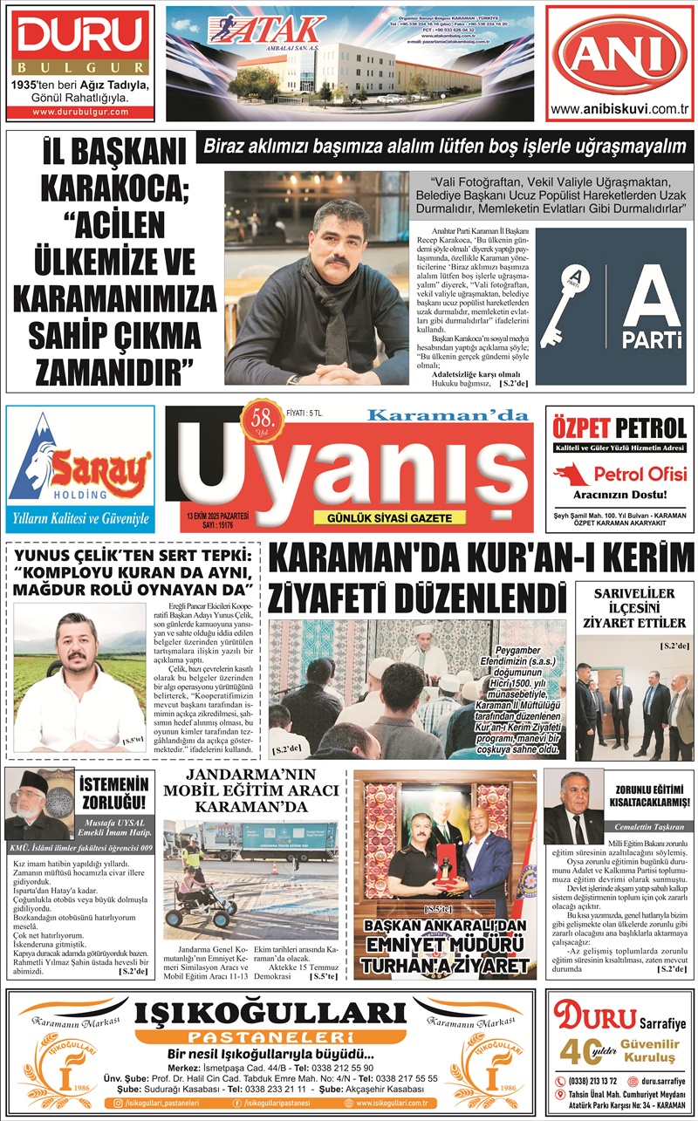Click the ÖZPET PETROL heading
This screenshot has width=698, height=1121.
(619, 428)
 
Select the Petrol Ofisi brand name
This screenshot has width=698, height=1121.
(640, 474)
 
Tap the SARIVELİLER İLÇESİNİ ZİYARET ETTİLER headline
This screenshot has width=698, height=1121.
(633, 609)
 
